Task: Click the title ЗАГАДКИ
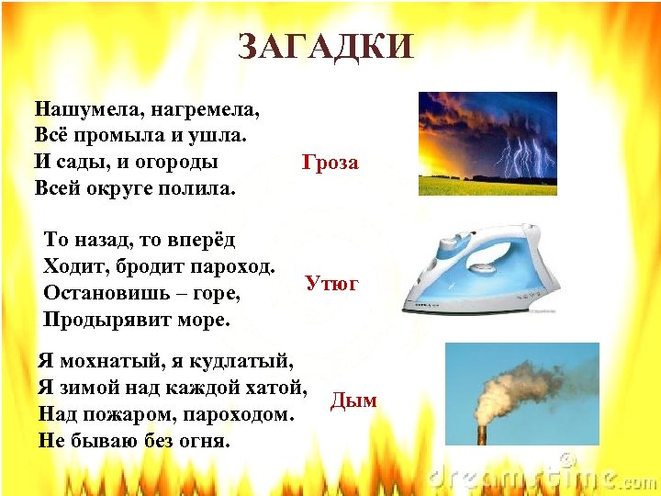326,46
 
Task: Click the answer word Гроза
330,163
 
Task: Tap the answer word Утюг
331,284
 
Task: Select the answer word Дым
353,400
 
